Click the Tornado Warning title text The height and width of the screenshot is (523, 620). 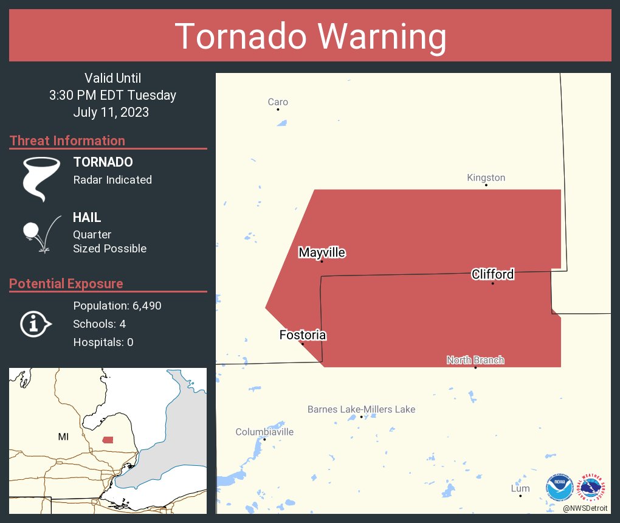point(310,36)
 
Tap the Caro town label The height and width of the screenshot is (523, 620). point(278,102)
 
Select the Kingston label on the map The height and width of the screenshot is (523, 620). point(486,178)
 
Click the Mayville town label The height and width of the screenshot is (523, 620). point(322,252)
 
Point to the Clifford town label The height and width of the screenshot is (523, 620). point(492,274)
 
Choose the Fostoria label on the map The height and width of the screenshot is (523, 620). point(303,335)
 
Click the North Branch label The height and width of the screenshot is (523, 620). point(475,360)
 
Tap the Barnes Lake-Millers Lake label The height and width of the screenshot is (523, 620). point(361,409)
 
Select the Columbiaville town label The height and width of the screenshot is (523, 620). point(264,432)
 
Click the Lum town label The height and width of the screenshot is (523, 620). point(520,488)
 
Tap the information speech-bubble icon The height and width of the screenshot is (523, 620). point(35,324)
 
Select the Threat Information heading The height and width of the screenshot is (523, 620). point(67,140)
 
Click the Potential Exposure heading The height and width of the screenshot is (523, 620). point(66,283)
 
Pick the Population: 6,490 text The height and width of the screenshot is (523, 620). point(117,306)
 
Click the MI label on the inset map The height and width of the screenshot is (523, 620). point(63,437)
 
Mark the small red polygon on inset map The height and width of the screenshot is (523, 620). point(108,440)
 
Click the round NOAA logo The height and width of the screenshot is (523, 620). point(559,487)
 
